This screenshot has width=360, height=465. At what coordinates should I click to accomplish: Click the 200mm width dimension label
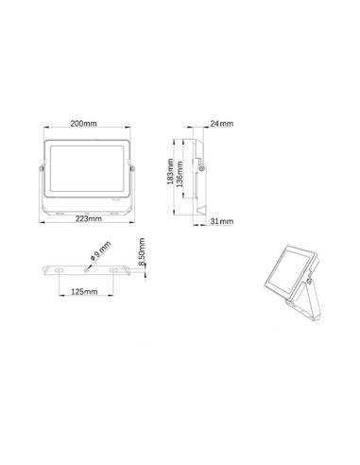[x=87, y=123]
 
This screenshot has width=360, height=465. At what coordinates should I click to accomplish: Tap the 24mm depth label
[x=220, y=124]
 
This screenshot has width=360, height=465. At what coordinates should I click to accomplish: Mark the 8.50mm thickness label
[x=141, y=256]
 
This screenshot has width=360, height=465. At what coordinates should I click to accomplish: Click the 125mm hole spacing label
[x=87, y=293]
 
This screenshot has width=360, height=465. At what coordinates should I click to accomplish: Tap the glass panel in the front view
[x=86, y=169]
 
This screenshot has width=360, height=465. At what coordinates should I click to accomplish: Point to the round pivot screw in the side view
[x=201, y=168]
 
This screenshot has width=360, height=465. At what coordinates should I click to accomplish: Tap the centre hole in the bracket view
[x=87, y=270]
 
